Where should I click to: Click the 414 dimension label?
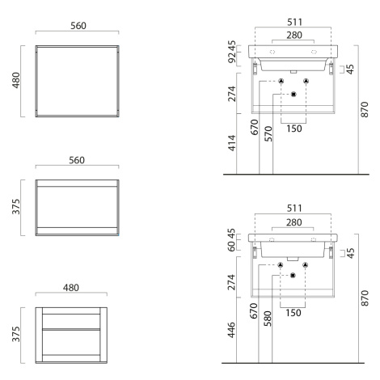click(x=232, y=143)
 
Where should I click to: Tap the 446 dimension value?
click(x=231, y=330)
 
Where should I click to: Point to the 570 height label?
click(x=268, y=134)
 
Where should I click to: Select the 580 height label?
click(x=268, y=319)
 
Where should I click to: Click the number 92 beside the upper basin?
click(x=232, y=57)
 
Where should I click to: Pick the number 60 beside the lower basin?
click(x=231, y=246)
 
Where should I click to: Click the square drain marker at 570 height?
click(x=293, y=95)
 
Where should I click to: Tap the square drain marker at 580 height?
click(x=293, y=276)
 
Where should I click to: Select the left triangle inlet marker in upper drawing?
click(x=281, y=81)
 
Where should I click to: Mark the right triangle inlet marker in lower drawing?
click(x=305, y=265)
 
